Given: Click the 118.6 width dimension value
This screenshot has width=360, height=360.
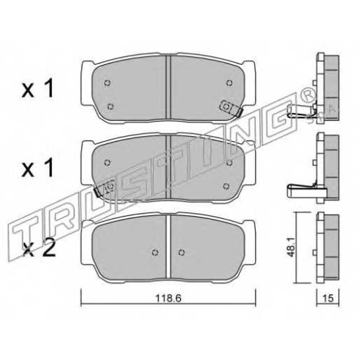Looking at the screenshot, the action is point(168,299).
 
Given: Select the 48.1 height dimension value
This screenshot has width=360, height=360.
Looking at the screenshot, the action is point(292,248).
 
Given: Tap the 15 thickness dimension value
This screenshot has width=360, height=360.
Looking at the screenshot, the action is point(328,299).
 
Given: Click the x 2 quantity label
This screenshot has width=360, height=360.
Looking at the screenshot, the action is point(39,251).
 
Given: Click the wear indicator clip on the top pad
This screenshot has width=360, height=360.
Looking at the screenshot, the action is point(232,108).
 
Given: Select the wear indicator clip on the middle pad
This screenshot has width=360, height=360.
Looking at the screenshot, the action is point(104,188).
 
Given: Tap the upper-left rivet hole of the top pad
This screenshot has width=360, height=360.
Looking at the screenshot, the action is point(107,83).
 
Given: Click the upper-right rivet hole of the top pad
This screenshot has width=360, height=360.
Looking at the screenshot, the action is point(230,83).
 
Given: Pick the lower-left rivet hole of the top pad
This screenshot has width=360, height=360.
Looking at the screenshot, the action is point(110,106).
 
